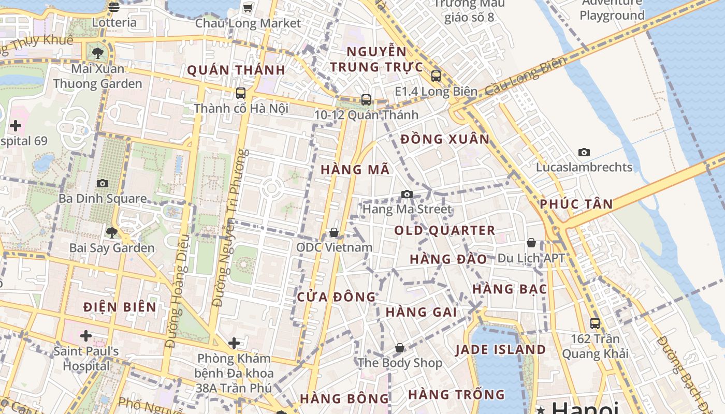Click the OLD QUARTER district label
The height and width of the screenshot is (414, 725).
click(x=444, y=230)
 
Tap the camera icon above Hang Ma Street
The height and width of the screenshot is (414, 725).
click(x=407, y=194)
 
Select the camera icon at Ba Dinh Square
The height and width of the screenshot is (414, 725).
click(x=103, y=183)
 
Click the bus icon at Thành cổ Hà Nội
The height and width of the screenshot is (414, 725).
click(x=241, y=93)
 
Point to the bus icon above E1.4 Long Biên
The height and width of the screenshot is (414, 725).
click(x=436, y=76)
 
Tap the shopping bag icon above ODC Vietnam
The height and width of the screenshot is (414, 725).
click(x=334, y=232)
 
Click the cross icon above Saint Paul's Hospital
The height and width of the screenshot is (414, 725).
click(x=86, y=336)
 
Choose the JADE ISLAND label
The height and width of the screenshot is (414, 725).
click(x=500, y=350)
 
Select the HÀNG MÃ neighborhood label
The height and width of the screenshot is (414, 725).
click(x=355, y=170)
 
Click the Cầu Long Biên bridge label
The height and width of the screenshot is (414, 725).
click(x=526, y=77)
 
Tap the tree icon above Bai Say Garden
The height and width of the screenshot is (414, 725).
click(x=111, y=232)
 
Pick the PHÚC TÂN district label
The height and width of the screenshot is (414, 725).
click(x=576, y=204)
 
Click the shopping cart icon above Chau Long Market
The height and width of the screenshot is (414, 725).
click(x=248, y=8)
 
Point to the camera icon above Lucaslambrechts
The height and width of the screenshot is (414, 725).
click(x=584, y=152)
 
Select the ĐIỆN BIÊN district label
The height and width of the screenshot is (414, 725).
click(x=120, y=307)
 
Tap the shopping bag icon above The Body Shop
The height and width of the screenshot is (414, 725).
click(x=399, y=348)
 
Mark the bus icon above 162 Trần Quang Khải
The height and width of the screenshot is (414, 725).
click(x=595, y=323)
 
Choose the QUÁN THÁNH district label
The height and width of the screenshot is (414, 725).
click(x=236, y=70)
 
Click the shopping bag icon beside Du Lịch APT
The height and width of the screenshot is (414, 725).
click(x=531, y=243)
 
